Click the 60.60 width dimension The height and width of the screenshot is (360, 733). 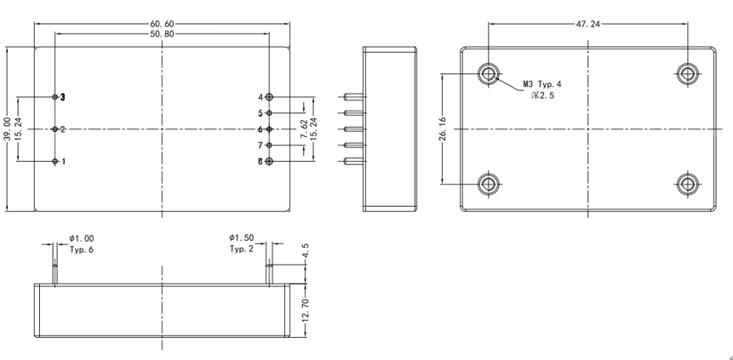tap(163, 23)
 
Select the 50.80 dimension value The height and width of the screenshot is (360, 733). tap(163, 34)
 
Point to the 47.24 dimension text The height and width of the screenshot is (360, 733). tap(587, 24)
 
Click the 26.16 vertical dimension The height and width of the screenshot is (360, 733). tap(443, 129)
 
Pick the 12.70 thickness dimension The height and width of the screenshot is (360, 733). tap(306, 310)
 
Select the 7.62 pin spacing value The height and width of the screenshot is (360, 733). tap(304, 129)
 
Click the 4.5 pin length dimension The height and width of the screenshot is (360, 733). tap(306, 250)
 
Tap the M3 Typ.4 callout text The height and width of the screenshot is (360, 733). tap(542, 84)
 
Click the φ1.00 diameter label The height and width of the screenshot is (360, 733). tap(82, 238)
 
